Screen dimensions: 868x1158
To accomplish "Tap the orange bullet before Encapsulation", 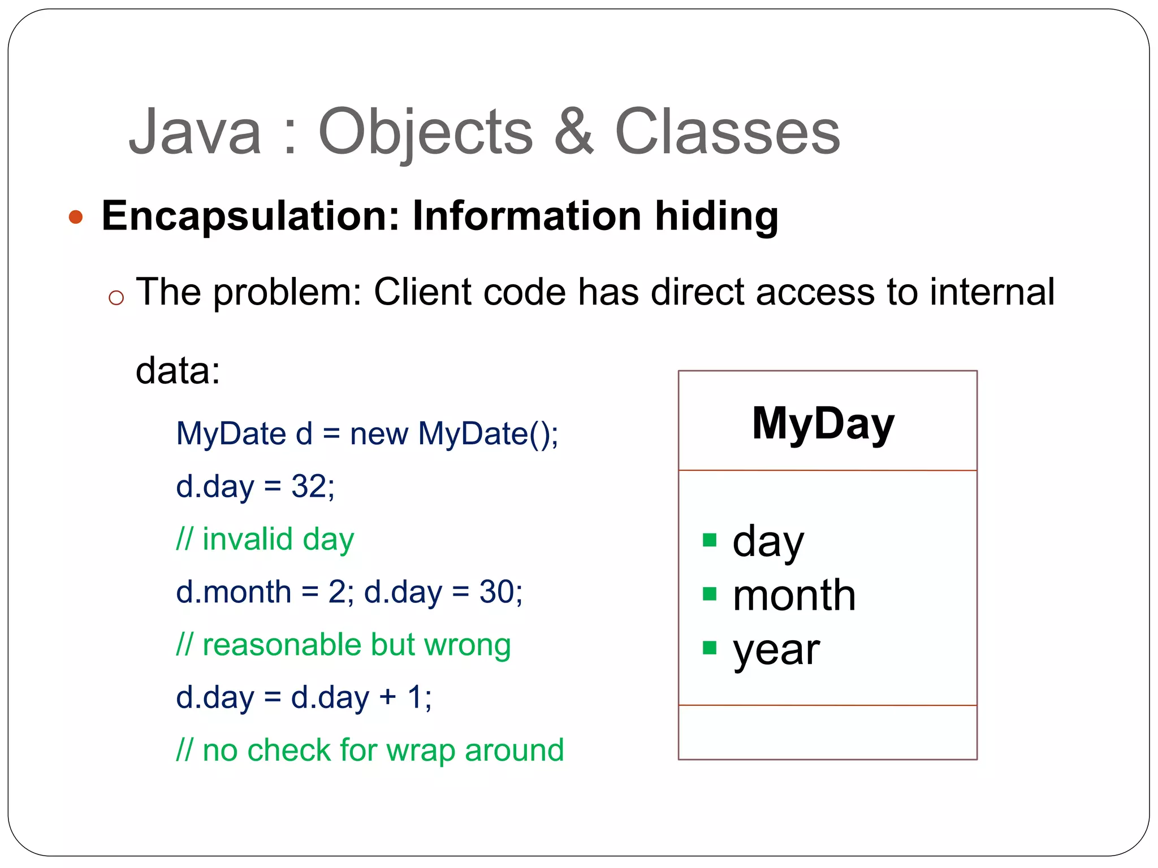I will point(76,217).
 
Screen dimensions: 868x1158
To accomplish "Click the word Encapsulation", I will point(250,217).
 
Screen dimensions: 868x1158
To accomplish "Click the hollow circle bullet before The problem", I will point(116,298).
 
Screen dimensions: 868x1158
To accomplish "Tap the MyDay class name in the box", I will point(823,424).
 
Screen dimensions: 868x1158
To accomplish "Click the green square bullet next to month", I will point(710,593).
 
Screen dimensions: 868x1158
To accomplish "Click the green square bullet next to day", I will point(710,540).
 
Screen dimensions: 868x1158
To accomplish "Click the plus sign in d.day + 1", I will point(387,697).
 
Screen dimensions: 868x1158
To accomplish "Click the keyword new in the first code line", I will point(378,434).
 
